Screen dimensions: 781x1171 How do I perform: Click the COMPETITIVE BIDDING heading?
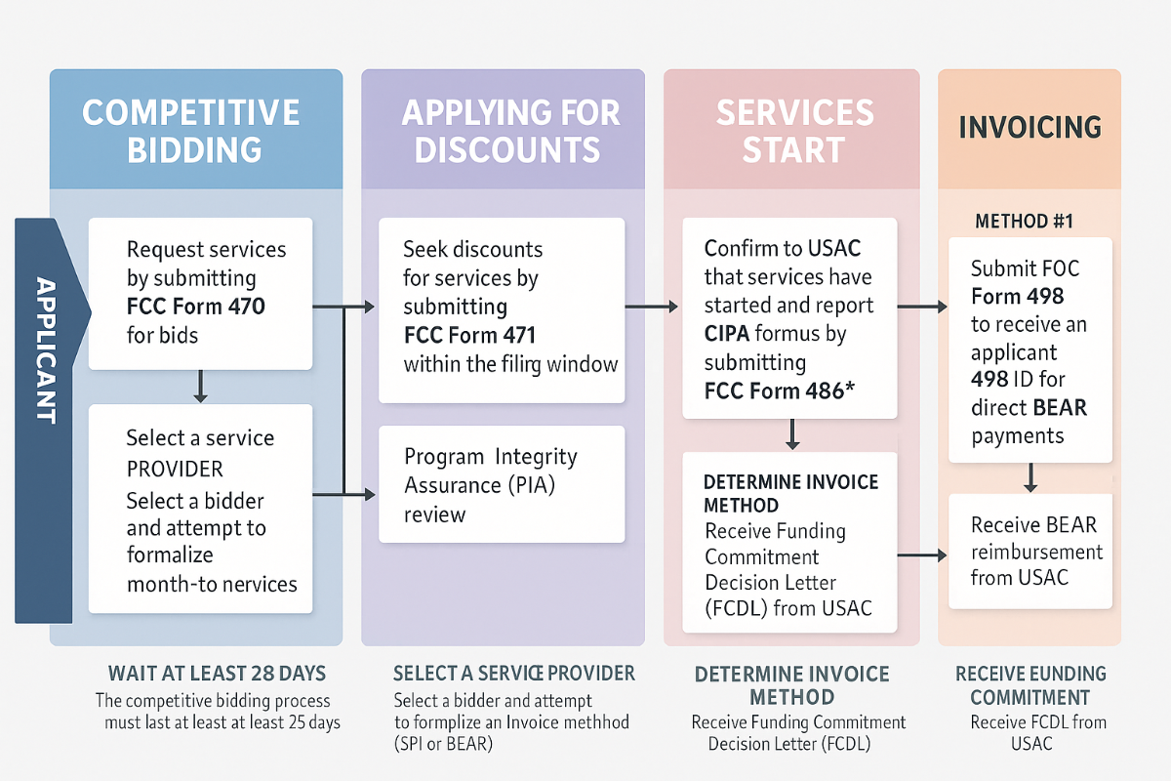pyautogui.click(x=191, y=131)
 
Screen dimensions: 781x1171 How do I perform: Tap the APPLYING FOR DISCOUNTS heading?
pyautogui.click(x=511, y=131)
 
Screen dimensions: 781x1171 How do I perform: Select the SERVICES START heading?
pyautogui.click(x=794, y=131)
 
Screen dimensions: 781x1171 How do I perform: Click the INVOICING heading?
pyautogui.click(x=1030, y=127)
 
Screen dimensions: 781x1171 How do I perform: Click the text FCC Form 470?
pyautogui.click(x=196, y=307)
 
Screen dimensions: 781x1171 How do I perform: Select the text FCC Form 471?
pyautogui.click(x=470, y=336)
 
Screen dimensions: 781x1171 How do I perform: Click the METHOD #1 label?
pyautogui.click(x=1024, y=222)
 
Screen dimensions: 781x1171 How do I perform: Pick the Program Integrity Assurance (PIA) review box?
pyautogui.click(x=502, y=485)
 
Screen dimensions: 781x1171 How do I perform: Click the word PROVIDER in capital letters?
pyautogui.click(x=175, y=468)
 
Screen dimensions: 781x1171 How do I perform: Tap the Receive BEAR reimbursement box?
pyautogui.click(x=1030, y=551)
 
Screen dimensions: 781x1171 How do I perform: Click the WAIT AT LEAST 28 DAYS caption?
pyautogui.click(x=217, y=674)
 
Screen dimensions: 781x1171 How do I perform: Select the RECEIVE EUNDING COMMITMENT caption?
pyautogui.click(x=1030, y=685)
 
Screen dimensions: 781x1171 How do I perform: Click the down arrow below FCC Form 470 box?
pyautogui.click(x=200, y=387)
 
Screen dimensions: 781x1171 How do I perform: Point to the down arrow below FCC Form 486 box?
pyautogui.click(x=791, y=434)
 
